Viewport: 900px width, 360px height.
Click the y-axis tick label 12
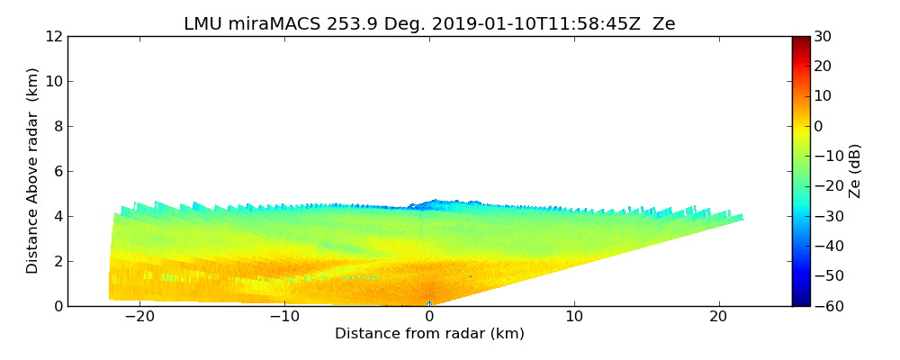click(54, 36)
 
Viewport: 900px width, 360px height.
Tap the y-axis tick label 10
click(54, 81)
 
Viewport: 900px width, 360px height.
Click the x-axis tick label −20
click(139, 317)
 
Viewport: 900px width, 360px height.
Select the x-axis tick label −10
click(284, 317)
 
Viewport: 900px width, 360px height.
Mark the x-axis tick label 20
click(719, 317)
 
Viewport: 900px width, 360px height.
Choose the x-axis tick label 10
click(574, 317)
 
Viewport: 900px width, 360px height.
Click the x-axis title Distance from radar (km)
click(429, 334)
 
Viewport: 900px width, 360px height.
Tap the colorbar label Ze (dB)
click(855, 171)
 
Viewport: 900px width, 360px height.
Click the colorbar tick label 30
click(823, 36)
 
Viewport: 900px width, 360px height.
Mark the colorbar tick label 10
click(823, 96)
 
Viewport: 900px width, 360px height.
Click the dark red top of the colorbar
click(800, 40)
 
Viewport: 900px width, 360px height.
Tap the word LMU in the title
click(202, 24)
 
